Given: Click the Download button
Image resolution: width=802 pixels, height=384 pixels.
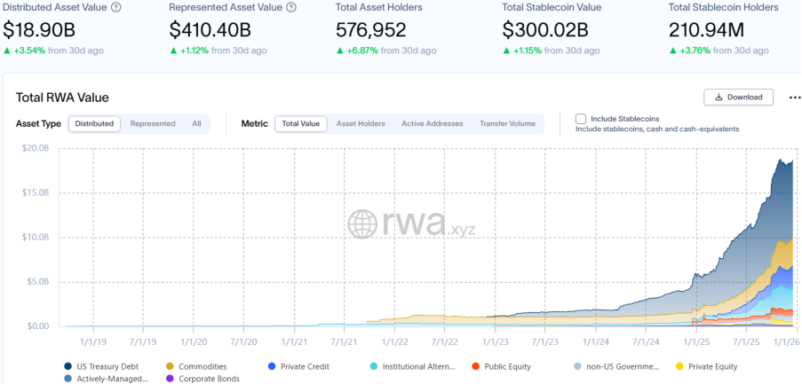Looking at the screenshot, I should (x=738, y=98).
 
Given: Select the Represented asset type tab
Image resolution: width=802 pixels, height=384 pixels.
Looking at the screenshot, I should (x=153, y=123).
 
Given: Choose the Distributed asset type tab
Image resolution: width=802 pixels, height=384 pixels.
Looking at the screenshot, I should (x=94, y=123).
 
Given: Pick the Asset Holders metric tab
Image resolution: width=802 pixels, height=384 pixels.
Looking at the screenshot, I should (x=361, y=123).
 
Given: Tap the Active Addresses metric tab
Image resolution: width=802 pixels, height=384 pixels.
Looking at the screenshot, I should (x=433, y=123).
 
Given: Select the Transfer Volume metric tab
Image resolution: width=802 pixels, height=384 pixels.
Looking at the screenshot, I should (x=507, y=123).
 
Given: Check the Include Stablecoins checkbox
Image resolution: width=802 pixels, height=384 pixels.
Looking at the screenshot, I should (x=581, y=118).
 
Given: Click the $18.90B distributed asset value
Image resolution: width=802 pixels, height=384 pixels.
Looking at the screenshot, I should (x=40, y=29).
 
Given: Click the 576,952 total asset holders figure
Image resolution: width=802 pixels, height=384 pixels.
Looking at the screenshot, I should (x=371, y=29).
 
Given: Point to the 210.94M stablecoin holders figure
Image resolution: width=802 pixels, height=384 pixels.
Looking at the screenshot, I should (x=709, y=29).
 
